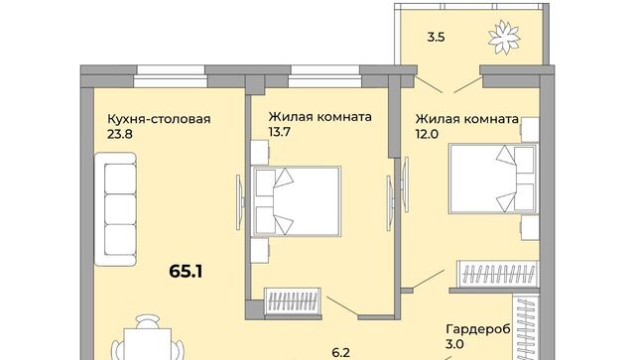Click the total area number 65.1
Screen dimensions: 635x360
[x=186, y=272]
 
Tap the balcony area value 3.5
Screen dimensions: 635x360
[x=437, y=38]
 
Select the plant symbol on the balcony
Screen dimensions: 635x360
[x=504, y=37]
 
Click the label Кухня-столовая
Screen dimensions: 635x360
[x=159, y=119]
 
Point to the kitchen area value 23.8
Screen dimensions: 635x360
[x=120, y=134]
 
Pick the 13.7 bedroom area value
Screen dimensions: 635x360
[x=280, y=132]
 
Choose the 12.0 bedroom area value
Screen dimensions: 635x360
[x=427, y=134]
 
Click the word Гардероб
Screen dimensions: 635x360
[x=478, y=329]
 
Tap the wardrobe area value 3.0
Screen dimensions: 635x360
[x=454, y=344]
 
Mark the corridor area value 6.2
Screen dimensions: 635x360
[x=340, y=353]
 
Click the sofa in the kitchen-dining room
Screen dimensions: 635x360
[x=115, y=209]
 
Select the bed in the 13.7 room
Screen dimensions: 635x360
[x=296, y=201]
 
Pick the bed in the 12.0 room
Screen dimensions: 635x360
[x=493, y=179]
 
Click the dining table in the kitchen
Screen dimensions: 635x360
[x=148, y=344]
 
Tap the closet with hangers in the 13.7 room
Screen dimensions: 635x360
[x=293, y=300]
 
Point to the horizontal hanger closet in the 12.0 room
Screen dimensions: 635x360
[x=498, y=274]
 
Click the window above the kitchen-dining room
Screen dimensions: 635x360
[x=171, y=76]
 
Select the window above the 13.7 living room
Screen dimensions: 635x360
[x=325, y=76]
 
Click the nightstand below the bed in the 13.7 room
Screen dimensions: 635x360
[x=260, y=250]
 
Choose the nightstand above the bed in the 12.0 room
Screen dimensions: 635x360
[x=530, y=130]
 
